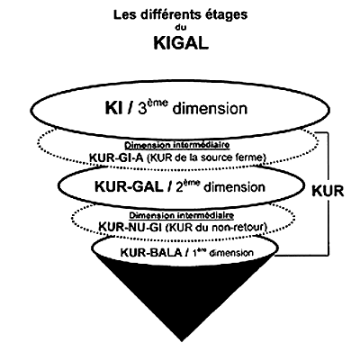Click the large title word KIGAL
181,43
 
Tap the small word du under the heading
181,28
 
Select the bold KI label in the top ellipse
113,108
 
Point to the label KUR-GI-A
116,158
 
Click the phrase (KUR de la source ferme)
206,158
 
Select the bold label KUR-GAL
129,187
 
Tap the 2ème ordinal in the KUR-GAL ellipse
187,186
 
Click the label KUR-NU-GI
130,227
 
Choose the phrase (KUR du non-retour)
216,227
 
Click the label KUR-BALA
151,253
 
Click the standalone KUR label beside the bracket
328,191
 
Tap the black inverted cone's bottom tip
181,341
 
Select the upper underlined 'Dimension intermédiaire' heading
177,146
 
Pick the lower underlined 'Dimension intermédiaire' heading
182,215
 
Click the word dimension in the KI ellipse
210,109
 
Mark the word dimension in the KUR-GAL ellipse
234,187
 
